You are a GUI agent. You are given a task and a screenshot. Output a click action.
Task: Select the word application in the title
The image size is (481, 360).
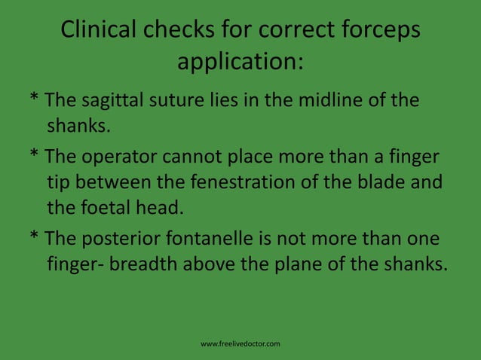pyautogui.click(x=236, y=62)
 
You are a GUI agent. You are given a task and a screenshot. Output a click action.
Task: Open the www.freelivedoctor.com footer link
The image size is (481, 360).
pyautogui.click(x=240, y=344)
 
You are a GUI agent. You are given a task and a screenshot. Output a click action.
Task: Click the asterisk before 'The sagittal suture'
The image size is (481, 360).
pyautogui.click(x=34, y=99)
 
